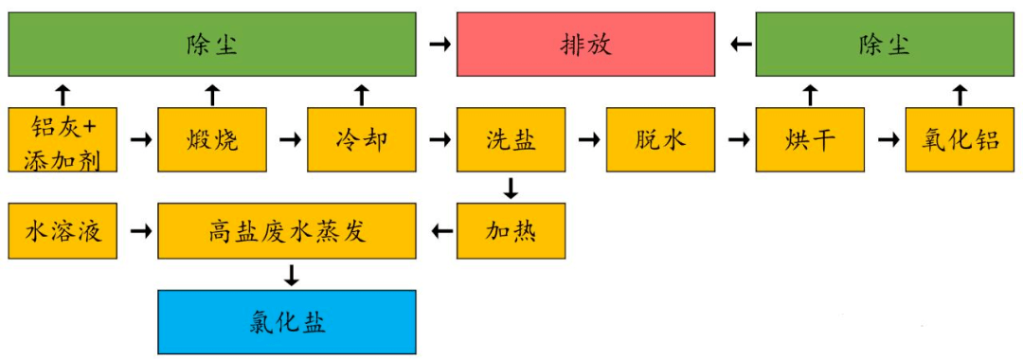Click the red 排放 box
pos(585,45)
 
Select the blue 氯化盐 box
pos(286,321)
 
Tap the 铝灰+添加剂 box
pos(63,140)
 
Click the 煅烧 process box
pos(212,140)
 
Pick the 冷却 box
pos(362,140)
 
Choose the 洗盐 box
pos(511,140)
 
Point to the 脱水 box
pos(660,140)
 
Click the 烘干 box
pos(810,140)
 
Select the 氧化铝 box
pos(960,140)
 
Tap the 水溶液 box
pos(63,230)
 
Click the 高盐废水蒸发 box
pos(286,230)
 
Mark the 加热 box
pos(511,230)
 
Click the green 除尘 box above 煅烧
pos(212,45)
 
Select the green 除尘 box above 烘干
pos(885,45)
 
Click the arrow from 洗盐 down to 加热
pos(511,188)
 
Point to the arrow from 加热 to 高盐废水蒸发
pos(437,230)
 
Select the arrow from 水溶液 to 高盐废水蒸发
pos(138,230)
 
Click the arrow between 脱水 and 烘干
pos(735,140)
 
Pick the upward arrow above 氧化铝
pos(960,93)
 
